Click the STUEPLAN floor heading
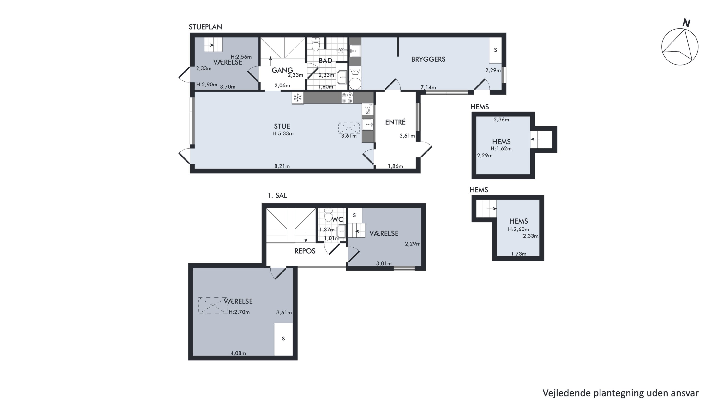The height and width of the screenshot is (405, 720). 205,27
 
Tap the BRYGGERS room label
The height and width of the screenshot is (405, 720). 428,59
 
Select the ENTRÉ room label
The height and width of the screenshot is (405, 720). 395,122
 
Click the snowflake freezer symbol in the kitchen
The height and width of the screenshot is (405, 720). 298,98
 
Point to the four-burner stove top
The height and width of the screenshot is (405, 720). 347,98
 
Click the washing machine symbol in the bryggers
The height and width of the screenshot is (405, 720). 355,72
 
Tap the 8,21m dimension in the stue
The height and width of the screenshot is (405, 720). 282,166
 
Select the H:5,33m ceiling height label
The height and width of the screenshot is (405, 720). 283,134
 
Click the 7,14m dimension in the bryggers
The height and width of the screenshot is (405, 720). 428,87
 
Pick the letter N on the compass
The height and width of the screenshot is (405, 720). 686,23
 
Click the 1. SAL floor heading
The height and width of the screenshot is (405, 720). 277,195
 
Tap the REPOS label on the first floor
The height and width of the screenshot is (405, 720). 305,251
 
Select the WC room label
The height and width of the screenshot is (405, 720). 337,219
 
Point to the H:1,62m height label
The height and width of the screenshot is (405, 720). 501,149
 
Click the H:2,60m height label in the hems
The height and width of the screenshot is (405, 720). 518,230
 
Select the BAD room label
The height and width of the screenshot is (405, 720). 325,61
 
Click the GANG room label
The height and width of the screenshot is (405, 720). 282,70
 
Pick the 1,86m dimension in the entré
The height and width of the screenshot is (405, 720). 395,166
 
